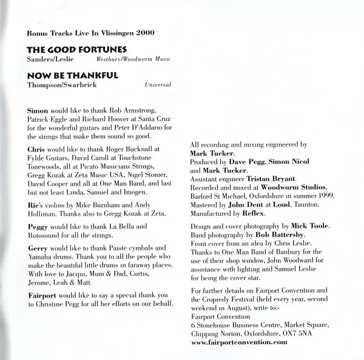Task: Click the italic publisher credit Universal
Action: [158, 85]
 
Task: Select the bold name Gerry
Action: [38, 248]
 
